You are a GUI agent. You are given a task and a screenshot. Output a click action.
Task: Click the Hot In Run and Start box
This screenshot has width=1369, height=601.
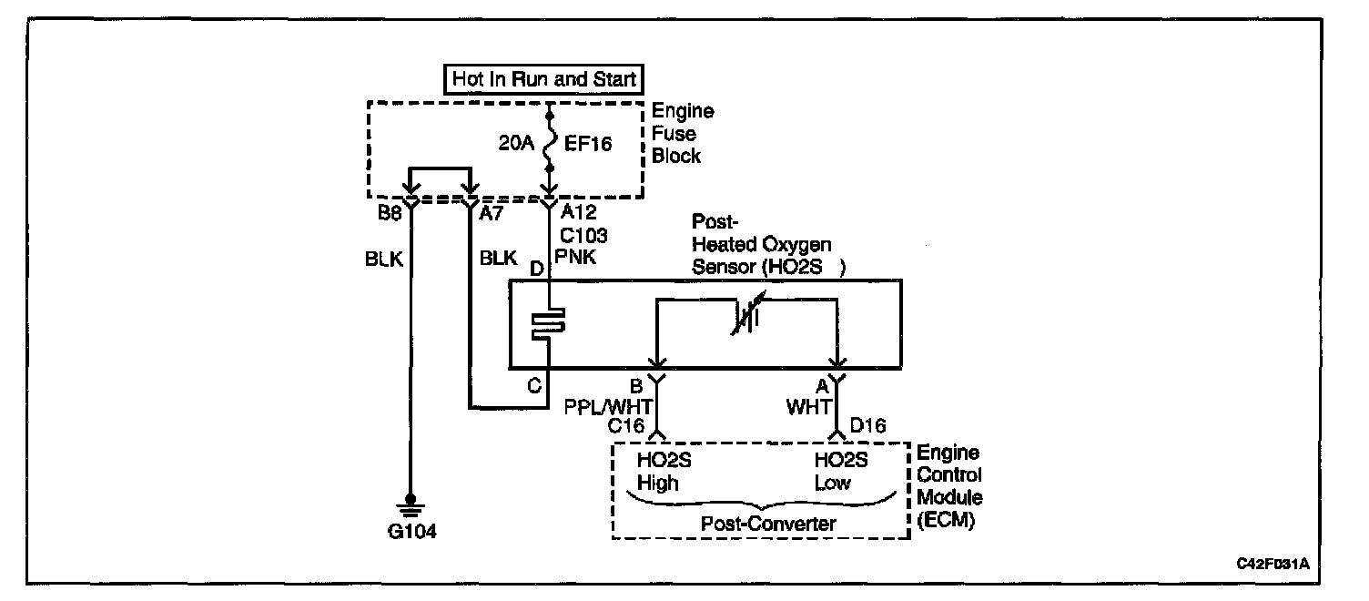click(544, 79)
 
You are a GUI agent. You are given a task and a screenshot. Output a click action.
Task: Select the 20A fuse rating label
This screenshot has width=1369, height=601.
click(516, 144)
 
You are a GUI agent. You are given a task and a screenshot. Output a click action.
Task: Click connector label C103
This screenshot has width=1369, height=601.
click(583, 235)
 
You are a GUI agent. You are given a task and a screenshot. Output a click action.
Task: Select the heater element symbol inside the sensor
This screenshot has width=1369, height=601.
click(548, 323)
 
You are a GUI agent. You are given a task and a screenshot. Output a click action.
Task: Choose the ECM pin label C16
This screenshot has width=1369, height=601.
click(628, 424)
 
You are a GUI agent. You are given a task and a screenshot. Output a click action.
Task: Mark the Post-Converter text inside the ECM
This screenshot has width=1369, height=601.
click(757, 524)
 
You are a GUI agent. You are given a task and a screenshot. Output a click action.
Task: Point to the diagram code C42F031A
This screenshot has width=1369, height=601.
click(1273, 564)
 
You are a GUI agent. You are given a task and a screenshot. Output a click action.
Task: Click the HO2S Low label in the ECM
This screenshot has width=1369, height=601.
click(841, 472)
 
